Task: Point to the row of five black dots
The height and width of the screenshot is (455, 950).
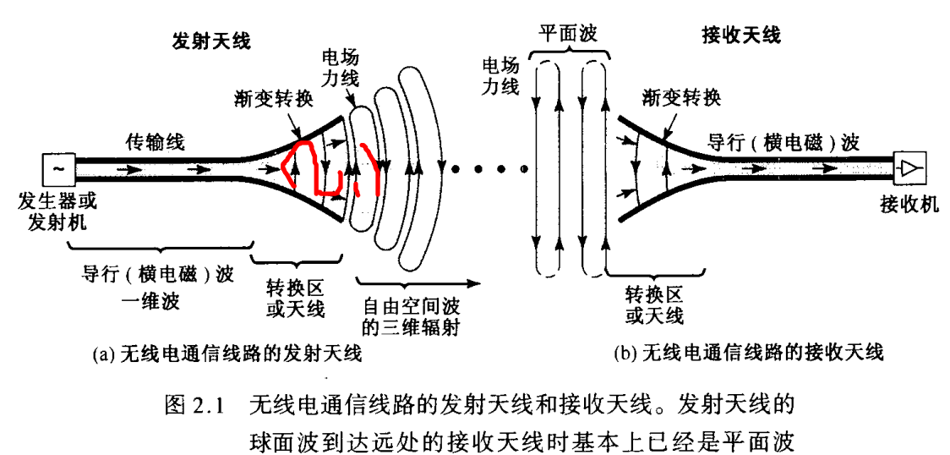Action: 490,169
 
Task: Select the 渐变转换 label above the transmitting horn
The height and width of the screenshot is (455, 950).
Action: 273,100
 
